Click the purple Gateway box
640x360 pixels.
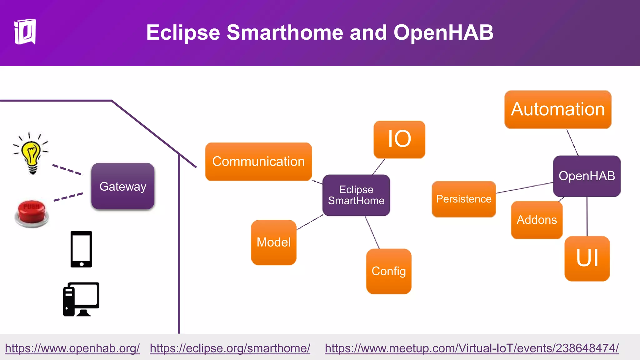tap(123, 186)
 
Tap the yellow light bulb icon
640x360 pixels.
tap(31, 153)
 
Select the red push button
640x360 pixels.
tap(31, 213)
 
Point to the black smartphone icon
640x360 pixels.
tap(81, 249)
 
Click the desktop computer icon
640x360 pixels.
tap(81, 299)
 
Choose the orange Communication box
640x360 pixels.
tap(258, 162)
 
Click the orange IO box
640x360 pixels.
tap(399, 139)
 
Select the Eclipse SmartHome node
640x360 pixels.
tap(356, 195)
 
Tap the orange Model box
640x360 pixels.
tap(274, 242)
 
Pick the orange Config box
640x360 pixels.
tap(389, 271)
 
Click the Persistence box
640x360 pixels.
tap(464, 199)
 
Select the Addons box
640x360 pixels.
tap(537, 220)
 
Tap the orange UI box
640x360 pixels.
tap(587, 258)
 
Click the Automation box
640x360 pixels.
tap(558, 109)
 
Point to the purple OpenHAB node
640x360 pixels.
tap(587, 176)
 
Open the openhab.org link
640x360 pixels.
tap(72, 348)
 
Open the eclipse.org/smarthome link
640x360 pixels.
tap(230, 348)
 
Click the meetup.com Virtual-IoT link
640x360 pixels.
tap(472, 348)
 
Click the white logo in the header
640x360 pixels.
tap(25, 32)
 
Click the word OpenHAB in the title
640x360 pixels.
tap(443, 32)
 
